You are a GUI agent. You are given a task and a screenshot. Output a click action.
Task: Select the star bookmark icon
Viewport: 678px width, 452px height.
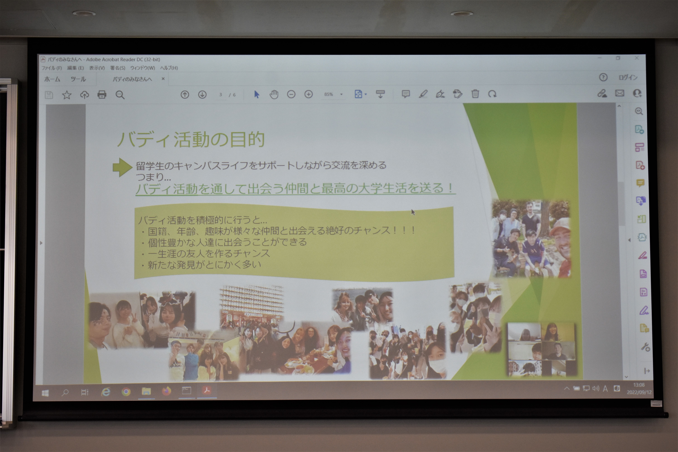tap(67, 95)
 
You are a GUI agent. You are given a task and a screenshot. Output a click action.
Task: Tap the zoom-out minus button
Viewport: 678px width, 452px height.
tap(291, 94)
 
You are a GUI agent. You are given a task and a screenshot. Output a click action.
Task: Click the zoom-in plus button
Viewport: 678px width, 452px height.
tap(308, 94)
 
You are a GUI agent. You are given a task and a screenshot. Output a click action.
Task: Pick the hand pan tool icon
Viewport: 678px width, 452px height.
tap(274, 94)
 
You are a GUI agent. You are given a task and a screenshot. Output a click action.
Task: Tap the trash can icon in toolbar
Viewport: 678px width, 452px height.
tap(475, 94)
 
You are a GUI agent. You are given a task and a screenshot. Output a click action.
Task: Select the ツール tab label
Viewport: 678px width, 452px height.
tap(78, 79)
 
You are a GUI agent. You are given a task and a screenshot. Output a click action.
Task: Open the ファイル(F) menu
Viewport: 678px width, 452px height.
tap(52, 68)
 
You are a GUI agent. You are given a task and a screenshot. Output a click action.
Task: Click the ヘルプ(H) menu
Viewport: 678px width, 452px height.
tap(169, 68)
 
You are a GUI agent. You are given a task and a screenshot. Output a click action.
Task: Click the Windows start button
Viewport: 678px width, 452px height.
tap(45, 393)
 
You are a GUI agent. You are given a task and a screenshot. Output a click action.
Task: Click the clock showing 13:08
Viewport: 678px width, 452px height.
tap(639, 385)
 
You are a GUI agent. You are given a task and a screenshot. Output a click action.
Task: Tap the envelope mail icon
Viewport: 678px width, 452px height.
tap(619, 93)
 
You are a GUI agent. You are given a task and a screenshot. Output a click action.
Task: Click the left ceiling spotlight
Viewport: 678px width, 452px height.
tap(84, 13)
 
